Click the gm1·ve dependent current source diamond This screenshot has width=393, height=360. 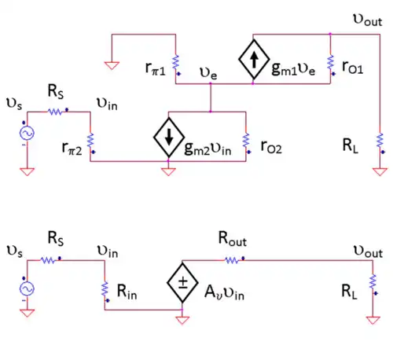click(254, 59)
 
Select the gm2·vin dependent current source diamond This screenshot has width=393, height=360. click(169, 138)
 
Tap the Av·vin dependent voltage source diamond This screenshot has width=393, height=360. click(182, 283)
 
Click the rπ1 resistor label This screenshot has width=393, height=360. click(156, 68)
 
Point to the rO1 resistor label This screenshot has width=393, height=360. click(353, 67)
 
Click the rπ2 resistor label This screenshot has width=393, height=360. click(72, 148)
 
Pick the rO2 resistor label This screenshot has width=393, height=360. click(271, 147)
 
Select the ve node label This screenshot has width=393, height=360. click(208, 73)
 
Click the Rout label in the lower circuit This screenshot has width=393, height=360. click(233, 239)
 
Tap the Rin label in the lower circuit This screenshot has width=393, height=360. click(127, 292)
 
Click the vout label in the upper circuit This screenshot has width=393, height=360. click(368, 20)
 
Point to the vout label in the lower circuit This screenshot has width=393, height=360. click(368, 252)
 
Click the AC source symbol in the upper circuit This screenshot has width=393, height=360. click(27, 133)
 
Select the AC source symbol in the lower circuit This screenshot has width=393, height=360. click(27, 288)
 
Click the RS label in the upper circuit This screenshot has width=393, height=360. click(56, 91)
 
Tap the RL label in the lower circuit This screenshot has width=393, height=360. click(350, 292)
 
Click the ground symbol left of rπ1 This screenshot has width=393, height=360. click(112, 65)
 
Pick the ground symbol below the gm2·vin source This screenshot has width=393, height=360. click(168, 172)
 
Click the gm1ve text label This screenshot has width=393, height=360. click(293, 69)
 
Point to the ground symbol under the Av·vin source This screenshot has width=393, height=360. click(182, 321)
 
